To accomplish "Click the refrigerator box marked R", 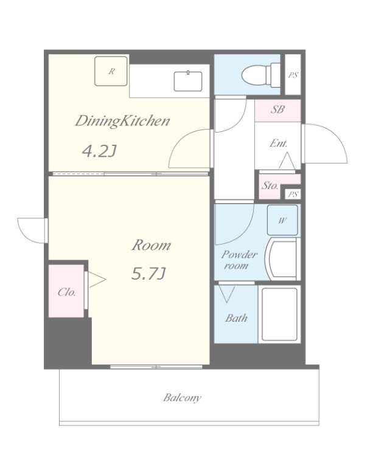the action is (x=111, y=71).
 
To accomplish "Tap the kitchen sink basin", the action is (x=188, y=81).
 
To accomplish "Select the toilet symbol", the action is (x=260, y=75).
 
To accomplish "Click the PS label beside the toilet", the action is (x=293, y=75).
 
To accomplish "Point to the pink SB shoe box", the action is (x=277, y=110).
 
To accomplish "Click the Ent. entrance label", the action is (x=279, y=144).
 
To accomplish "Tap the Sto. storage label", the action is (x=270, y=185).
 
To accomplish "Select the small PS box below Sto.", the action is (x=293, y=194).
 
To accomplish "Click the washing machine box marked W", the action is (x=282, y=220).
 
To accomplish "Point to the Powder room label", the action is (x=239, y=260).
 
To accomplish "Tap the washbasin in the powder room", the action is (x=282, y=258).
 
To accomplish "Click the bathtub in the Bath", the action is (x=279, y=314).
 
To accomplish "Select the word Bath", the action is (x=236, y=318).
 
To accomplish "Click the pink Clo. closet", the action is (x=66, y=291).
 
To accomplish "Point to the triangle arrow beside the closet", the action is (x=97, y=279).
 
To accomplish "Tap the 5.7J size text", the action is (x=148, y=274).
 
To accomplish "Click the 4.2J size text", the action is (x=99, y=151).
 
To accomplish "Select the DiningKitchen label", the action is (x=122, y=121).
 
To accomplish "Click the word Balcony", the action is (x=182, y=398).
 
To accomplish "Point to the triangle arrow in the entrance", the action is (x=287, y=161).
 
